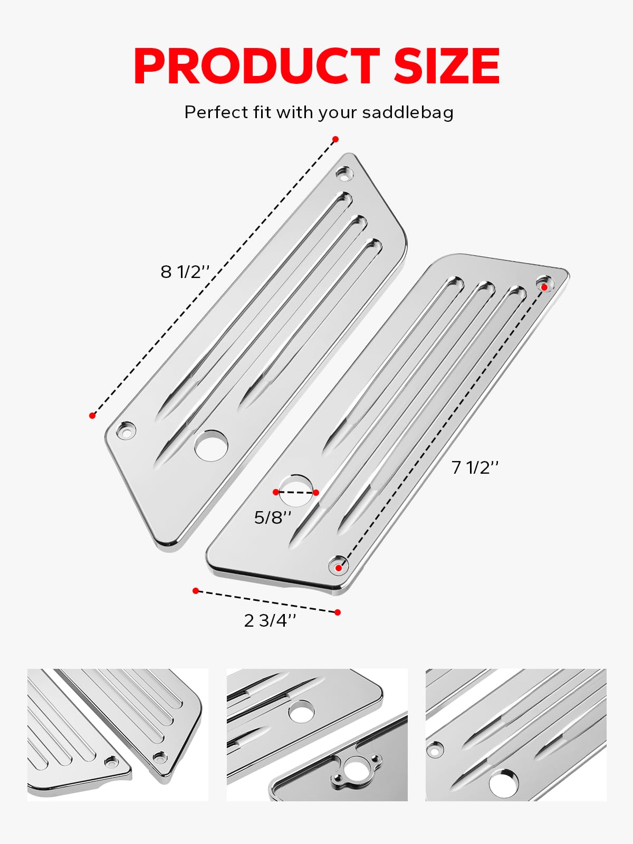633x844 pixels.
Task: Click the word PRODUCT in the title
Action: coord(256,66)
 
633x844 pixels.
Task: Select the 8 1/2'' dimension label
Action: coord(185,272)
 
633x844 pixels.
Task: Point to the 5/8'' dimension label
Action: coord(272,517)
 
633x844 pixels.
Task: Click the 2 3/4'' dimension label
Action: coord(270,620)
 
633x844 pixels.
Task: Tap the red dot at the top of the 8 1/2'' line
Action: coord(335,139)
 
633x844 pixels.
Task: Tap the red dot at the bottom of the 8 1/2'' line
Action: coord(92,416)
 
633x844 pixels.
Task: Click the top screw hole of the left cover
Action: coord(344,172)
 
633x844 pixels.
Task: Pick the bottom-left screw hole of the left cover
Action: coord(126,430)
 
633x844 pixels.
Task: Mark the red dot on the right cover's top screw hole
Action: coord(544,286)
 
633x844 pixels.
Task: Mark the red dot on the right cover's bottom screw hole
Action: coord(338,568)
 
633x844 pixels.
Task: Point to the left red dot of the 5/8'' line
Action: coord(276,492)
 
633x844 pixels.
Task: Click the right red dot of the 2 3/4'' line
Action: coord(338,612)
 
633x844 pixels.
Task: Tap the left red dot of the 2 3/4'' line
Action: coord(196,590)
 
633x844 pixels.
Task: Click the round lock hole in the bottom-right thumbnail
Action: coord(503,783)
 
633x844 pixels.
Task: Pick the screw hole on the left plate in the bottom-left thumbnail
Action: coord(111,761)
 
